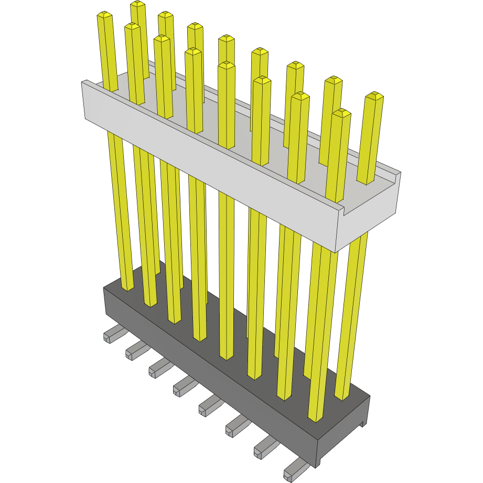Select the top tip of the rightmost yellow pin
(374, 95)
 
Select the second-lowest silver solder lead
(265, 449)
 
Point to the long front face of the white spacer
(210, 152)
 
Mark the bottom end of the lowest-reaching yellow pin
(315, 418)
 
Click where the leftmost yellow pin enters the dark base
(127, 287)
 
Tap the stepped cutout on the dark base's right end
(362, 423)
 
